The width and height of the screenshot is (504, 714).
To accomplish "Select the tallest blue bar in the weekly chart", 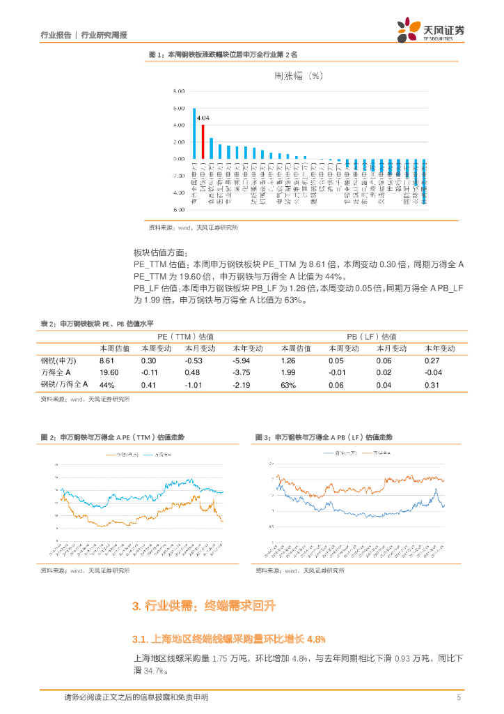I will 194,133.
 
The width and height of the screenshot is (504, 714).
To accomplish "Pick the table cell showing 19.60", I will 109,372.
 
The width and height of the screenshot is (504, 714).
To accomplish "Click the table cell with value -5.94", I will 242,360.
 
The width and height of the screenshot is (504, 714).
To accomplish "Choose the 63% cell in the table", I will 288,384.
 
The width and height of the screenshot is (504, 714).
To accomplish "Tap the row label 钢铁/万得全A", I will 64,384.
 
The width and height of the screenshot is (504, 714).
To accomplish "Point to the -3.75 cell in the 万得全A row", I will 242,372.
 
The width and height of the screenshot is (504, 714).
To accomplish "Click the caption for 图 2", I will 112,437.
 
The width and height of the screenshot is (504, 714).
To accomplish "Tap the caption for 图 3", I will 324,437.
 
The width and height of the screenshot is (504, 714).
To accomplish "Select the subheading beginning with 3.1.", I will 229,639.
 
